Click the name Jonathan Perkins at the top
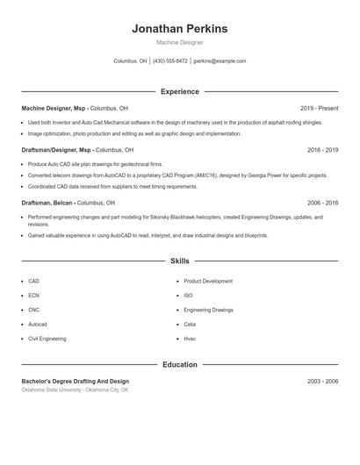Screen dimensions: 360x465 [179, 28]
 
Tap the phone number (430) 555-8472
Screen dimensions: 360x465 [169, 61]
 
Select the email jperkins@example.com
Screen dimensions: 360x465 [220, 61]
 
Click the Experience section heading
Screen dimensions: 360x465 [179, 91]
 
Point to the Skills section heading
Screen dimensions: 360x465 [179, 261]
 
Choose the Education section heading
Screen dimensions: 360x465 [179, 364]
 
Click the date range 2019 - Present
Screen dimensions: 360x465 [319, 108]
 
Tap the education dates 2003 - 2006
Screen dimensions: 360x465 [322, 382]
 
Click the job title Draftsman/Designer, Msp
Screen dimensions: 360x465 [55, 150]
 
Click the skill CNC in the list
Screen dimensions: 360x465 [34, 310]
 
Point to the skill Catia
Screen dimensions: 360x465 [190, 324]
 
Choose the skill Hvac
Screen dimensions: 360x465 [190, 338]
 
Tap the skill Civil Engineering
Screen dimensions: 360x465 [47, 338]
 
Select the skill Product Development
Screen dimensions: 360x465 [208, 282]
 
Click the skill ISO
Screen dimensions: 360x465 [188, 296]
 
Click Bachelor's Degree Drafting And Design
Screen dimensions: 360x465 [75, 382]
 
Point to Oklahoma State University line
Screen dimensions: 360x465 [75, 390]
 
